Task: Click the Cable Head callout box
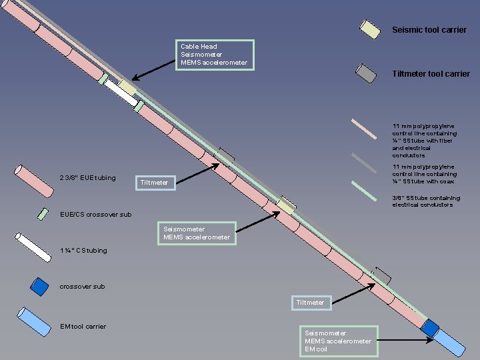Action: [217, 55]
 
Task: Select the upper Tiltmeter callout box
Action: [155, 182]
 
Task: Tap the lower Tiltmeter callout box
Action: [310, 303]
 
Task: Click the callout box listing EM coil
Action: [339, 341]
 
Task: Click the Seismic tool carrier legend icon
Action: [369, 29]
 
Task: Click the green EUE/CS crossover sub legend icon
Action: [43, 214]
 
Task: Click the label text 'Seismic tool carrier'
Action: [429, 30]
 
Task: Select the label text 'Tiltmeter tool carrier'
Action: [431, 74]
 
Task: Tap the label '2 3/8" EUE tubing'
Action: [88, 178]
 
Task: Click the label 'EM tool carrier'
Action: [83, 326]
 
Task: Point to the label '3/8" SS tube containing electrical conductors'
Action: [425, 201]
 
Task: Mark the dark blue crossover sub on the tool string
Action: [429, 328]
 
